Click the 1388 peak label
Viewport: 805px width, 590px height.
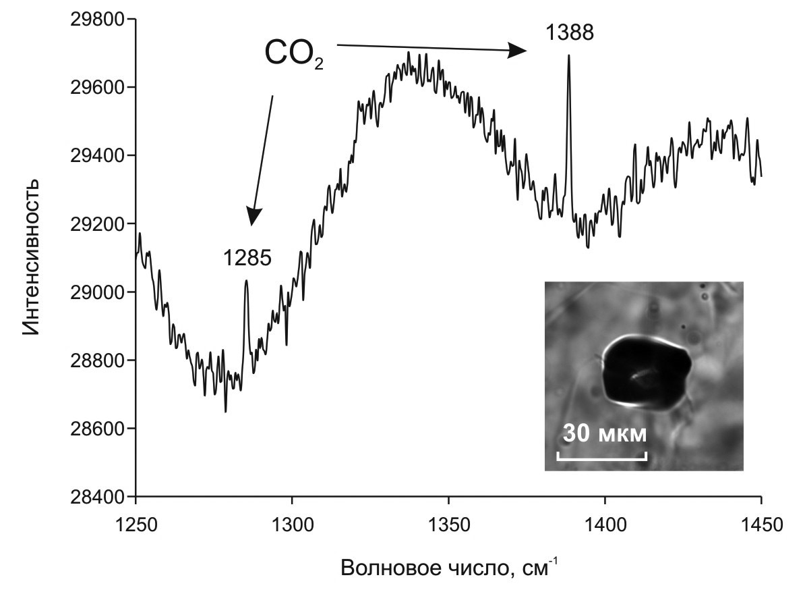pos(569,32)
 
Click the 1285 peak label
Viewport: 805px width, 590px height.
pos(247,257)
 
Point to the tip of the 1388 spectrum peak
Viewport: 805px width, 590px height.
pos(568,56)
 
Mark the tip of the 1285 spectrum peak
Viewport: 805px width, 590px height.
pos(246,281)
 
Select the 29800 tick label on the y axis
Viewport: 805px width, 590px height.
pos(97,20)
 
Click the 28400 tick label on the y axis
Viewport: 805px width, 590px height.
pos(97,497)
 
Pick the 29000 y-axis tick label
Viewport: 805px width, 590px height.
pos(97,292)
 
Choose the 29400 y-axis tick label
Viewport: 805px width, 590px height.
pos(97,156)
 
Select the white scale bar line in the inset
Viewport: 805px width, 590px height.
pos(601,456)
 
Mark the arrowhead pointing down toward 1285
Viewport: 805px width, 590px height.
pos(253,216)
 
